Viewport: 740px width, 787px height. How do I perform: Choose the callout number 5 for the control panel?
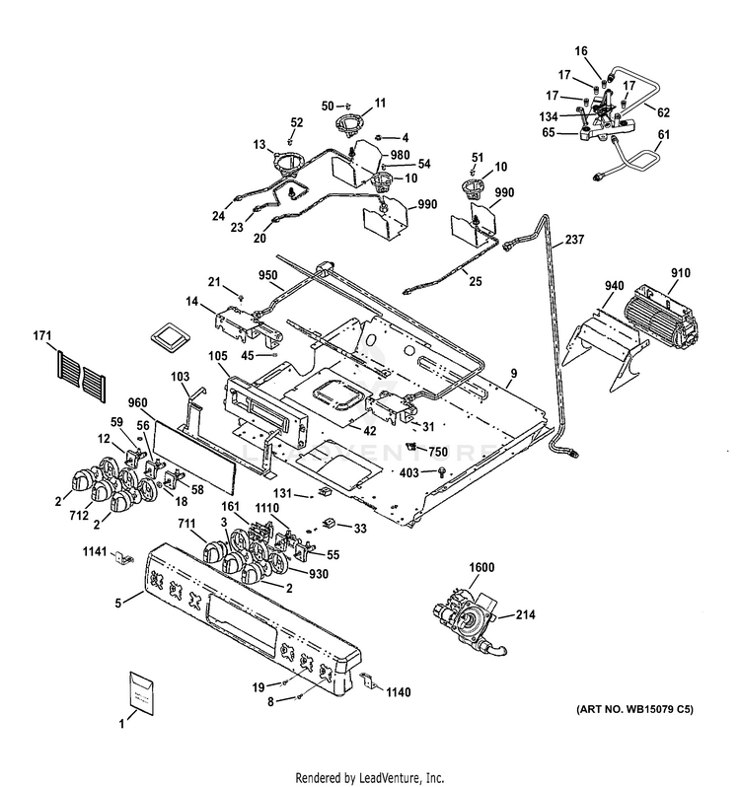pyautogui.click(x=119, y=602)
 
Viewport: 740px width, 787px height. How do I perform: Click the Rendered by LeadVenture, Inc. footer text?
pyautogui.click(x=369, y=776)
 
